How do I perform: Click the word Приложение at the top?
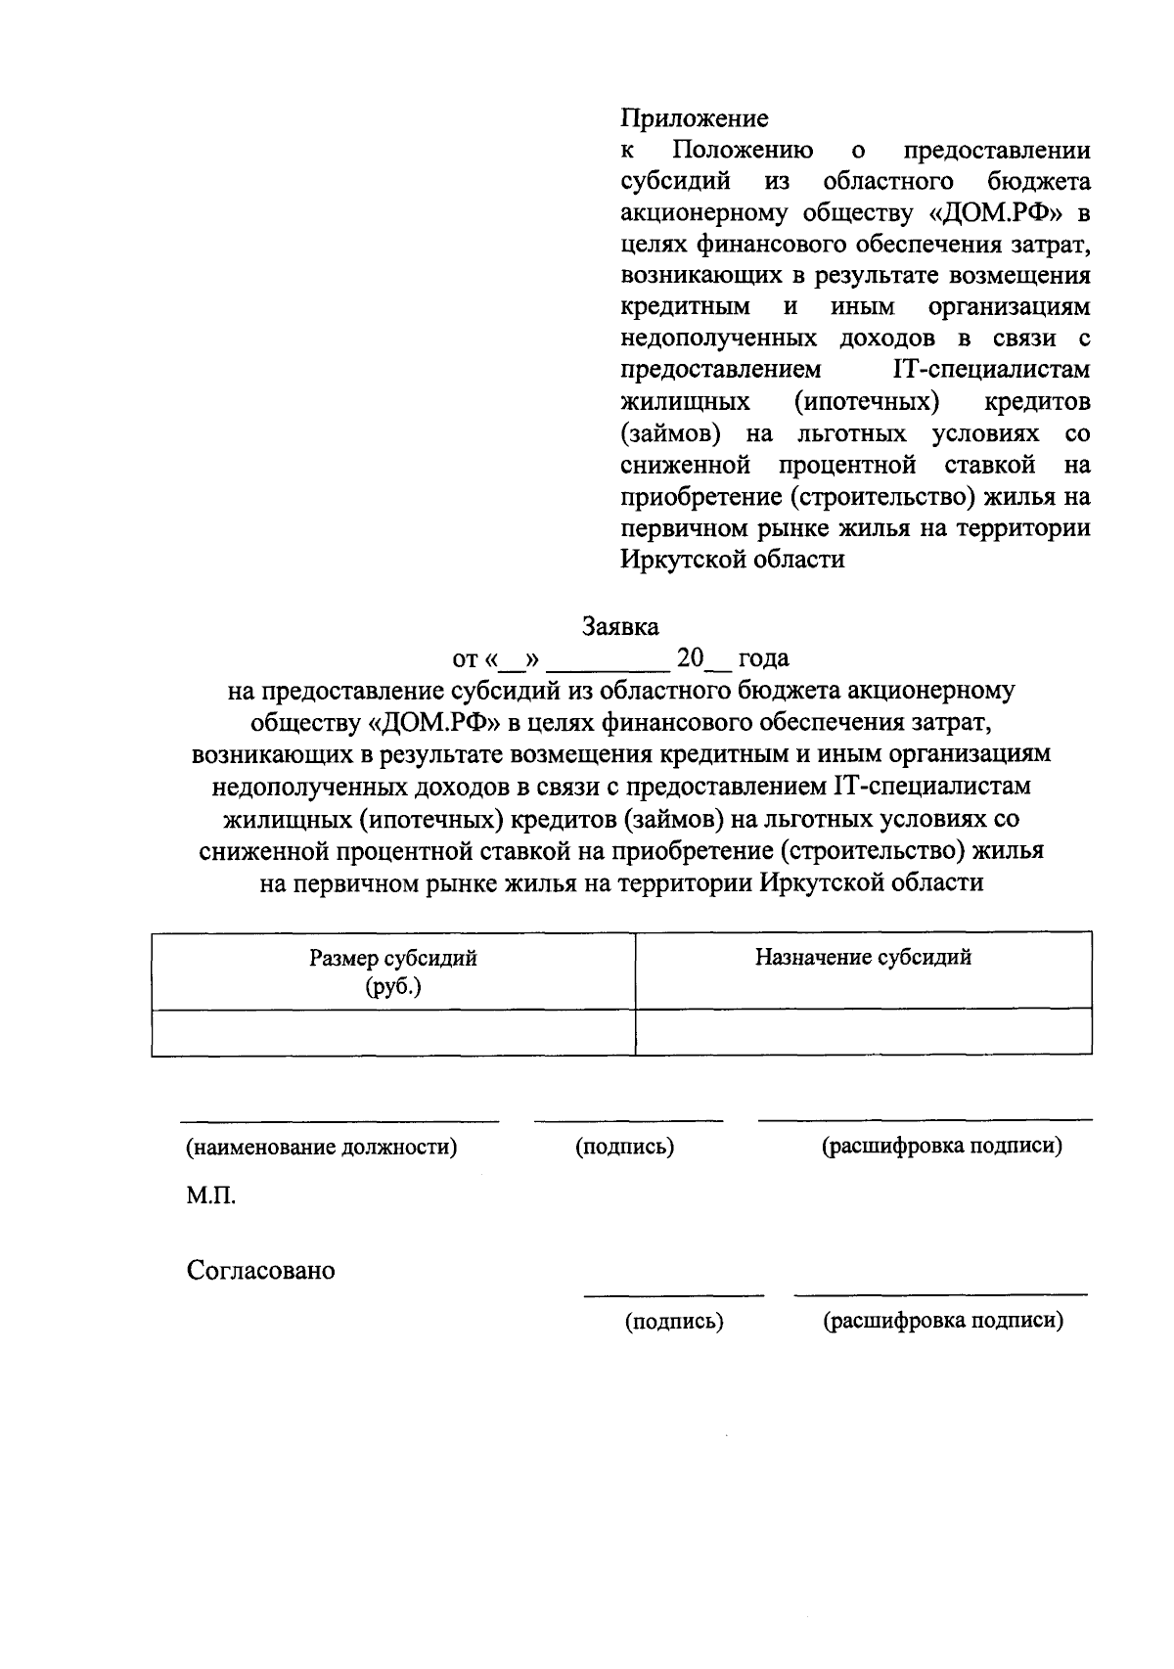(695, 119)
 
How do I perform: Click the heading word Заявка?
(620, 626)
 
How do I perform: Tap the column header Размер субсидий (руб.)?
(393, 970)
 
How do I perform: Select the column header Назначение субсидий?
(863, 958)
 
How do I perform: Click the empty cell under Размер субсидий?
(393, 1032)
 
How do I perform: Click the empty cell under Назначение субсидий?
(863, 1032)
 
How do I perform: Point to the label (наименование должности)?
(322, 1147)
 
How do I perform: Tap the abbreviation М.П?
(211, 1195)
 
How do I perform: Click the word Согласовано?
(261, 1271)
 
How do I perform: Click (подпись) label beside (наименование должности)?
(625, 1147)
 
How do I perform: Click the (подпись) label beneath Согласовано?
(674, 1322)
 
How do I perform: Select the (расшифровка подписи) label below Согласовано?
(942, 1322)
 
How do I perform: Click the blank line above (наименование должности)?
(339, 1119)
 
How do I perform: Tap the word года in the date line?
(763, 658)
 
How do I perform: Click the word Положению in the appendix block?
(743, 152)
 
